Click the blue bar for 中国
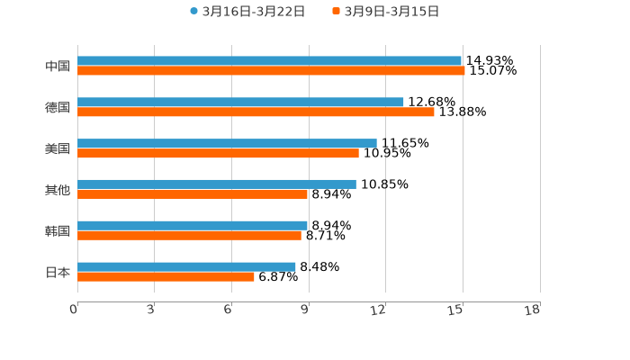(x=269, y=61)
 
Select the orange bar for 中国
(x=271, y=71)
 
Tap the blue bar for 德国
(x=240, y=103)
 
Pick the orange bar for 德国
(x=256, y=112)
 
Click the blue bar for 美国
(x=227, y=143)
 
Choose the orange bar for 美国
(x=218, y=153)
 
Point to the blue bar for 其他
(x=217, y=184)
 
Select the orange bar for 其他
(x=193, y=193)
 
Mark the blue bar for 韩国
(x=193, y=225)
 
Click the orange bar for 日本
(x=166, y=276)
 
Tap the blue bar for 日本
(x=186, y=266)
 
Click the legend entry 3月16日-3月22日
(x=247, y=12)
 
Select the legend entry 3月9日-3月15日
(x=386, y=12)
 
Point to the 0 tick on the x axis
(x=74, y=310)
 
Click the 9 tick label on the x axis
(x=305, y=310)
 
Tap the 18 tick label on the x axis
(x=533, y=310)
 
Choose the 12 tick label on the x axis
(x=379, y=310)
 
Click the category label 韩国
(x=58, y=230)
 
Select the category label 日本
(x=58, y=272)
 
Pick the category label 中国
(x=58, y=66)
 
